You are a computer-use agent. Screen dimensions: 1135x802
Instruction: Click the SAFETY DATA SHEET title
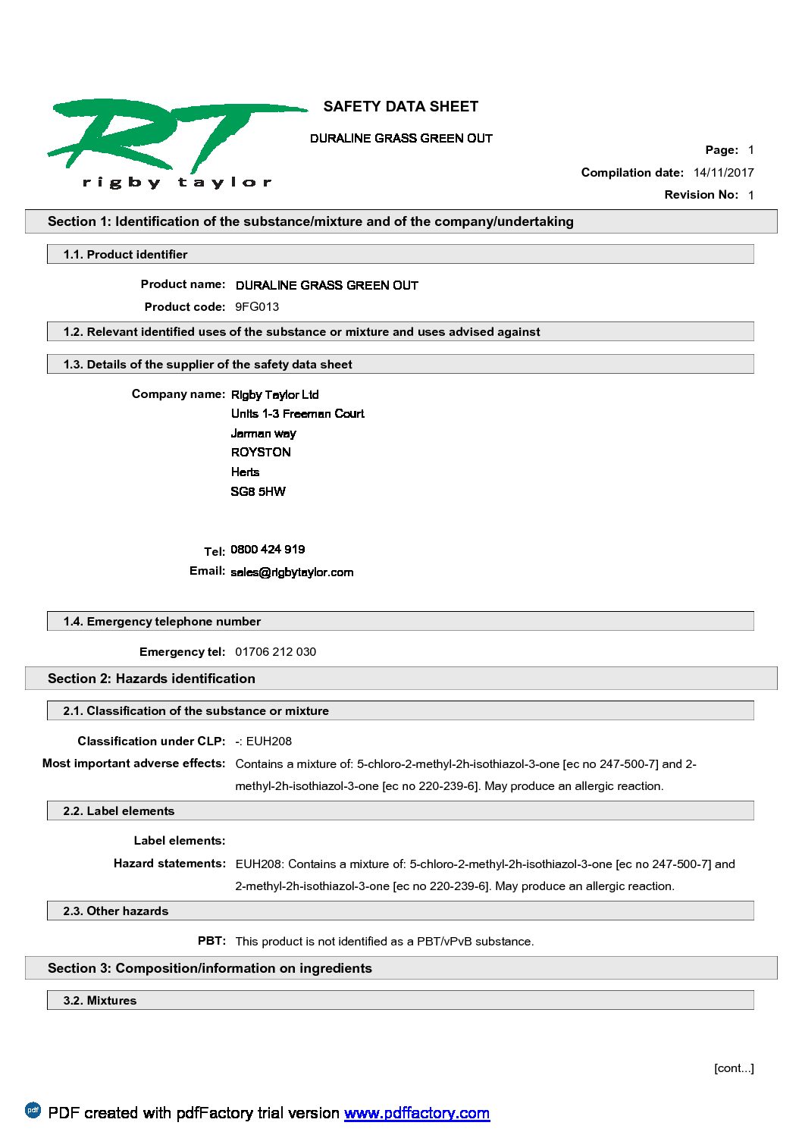pos(400,107)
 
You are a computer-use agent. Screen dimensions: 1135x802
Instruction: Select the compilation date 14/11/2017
pos(723,173)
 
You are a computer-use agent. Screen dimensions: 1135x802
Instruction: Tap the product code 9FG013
pos(257,307)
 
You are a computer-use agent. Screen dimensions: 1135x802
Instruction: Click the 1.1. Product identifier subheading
pos(125,255)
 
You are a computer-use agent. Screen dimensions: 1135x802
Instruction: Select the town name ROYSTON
pos(261,453)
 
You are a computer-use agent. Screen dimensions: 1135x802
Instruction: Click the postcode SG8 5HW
pos(258,492)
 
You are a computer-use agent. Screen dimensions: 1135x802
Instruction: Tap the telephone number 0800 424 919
pos(268,550)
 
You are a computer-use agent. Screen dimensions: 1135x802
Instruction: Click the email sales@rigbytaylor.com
pos(292,572)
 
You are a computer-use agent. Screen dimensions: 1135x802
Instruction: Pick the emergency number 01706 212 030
pos(275,652)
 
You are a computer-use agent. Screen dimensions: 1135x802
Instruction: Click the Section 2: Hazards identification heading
pos(152,679)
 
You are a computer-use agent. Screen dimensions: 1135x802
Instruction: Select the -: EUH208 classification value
pos(263,742)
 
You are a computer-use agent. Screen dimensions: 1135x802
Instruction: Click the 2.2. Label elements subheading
pos(119,811)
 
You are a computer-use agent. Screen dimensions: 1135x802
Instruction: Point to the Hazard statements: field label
pos(170,864)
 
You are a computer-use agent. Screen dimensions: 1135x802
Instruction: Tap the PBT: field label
pos(211,941)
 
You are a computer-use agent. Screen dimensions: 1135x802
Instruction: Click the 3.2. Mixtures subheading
pos(100,1001)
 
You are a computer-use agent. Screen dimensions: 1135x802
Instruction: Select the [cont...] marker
pos(734,1068)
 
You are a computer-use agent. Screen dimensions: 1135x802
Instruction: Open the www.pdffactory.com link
pos(416,1113)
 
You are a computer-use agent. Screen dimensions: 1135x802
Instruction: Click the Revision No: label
pos(701,195)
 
